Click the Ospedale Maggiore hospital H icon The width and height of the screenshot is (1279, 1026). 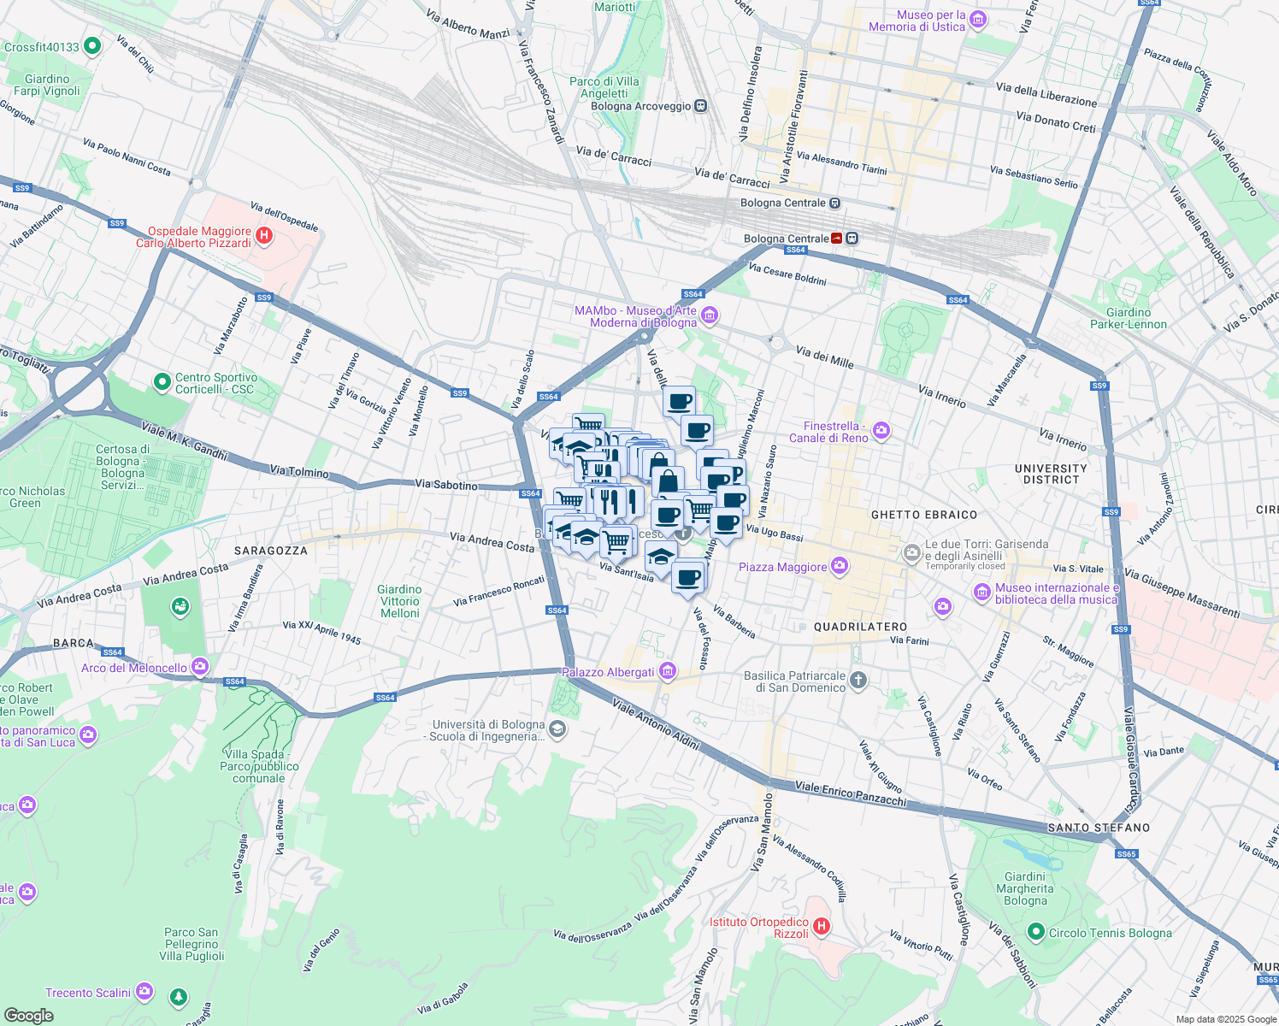tap(264, 236)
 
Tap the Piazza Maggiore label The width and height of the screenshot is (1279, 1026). tap(782, 567)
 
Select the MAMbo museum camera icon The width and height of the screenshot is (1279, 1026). tap(709, 316)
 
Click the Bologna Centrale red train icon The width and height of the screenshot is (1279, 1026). tap(836, 239)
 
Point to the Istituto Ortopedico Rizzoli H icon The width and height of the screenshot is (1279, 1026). tap(821, 927)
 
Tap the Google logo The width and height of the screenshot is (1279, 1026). tap(28, 1016)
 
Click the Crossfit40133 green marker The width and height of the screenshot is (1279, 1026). tap(91, 46)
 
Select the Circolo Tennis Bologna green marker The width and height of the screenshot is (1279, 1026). tap(1036, 932)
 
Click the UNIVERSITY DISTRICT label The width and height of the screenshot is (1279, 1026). tap(1051, 474)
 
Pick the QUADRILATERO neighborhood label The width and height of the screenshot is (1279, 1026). tap(860, 627)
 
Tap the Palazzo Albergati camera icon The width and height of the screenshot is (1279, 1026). tap(668, 672)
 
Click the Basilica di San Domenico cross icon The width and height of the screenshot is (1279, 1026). tap(858, 681)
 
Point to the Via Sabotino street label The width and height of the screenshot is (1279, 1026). tap(446, 485)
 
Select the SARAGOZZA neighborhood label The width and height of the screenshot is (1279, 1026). tap(271, 551)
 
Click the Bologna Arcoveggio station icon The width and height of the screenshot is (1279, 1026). tap(700, 106)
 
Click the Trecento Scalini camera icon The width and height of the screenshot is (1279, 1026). tap(144, 992)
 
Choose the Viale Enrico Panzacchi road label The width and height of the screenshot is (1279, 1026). tap(850, 793)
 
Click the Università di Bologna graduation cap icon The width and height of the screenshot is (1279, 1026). tap(557, 729)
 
